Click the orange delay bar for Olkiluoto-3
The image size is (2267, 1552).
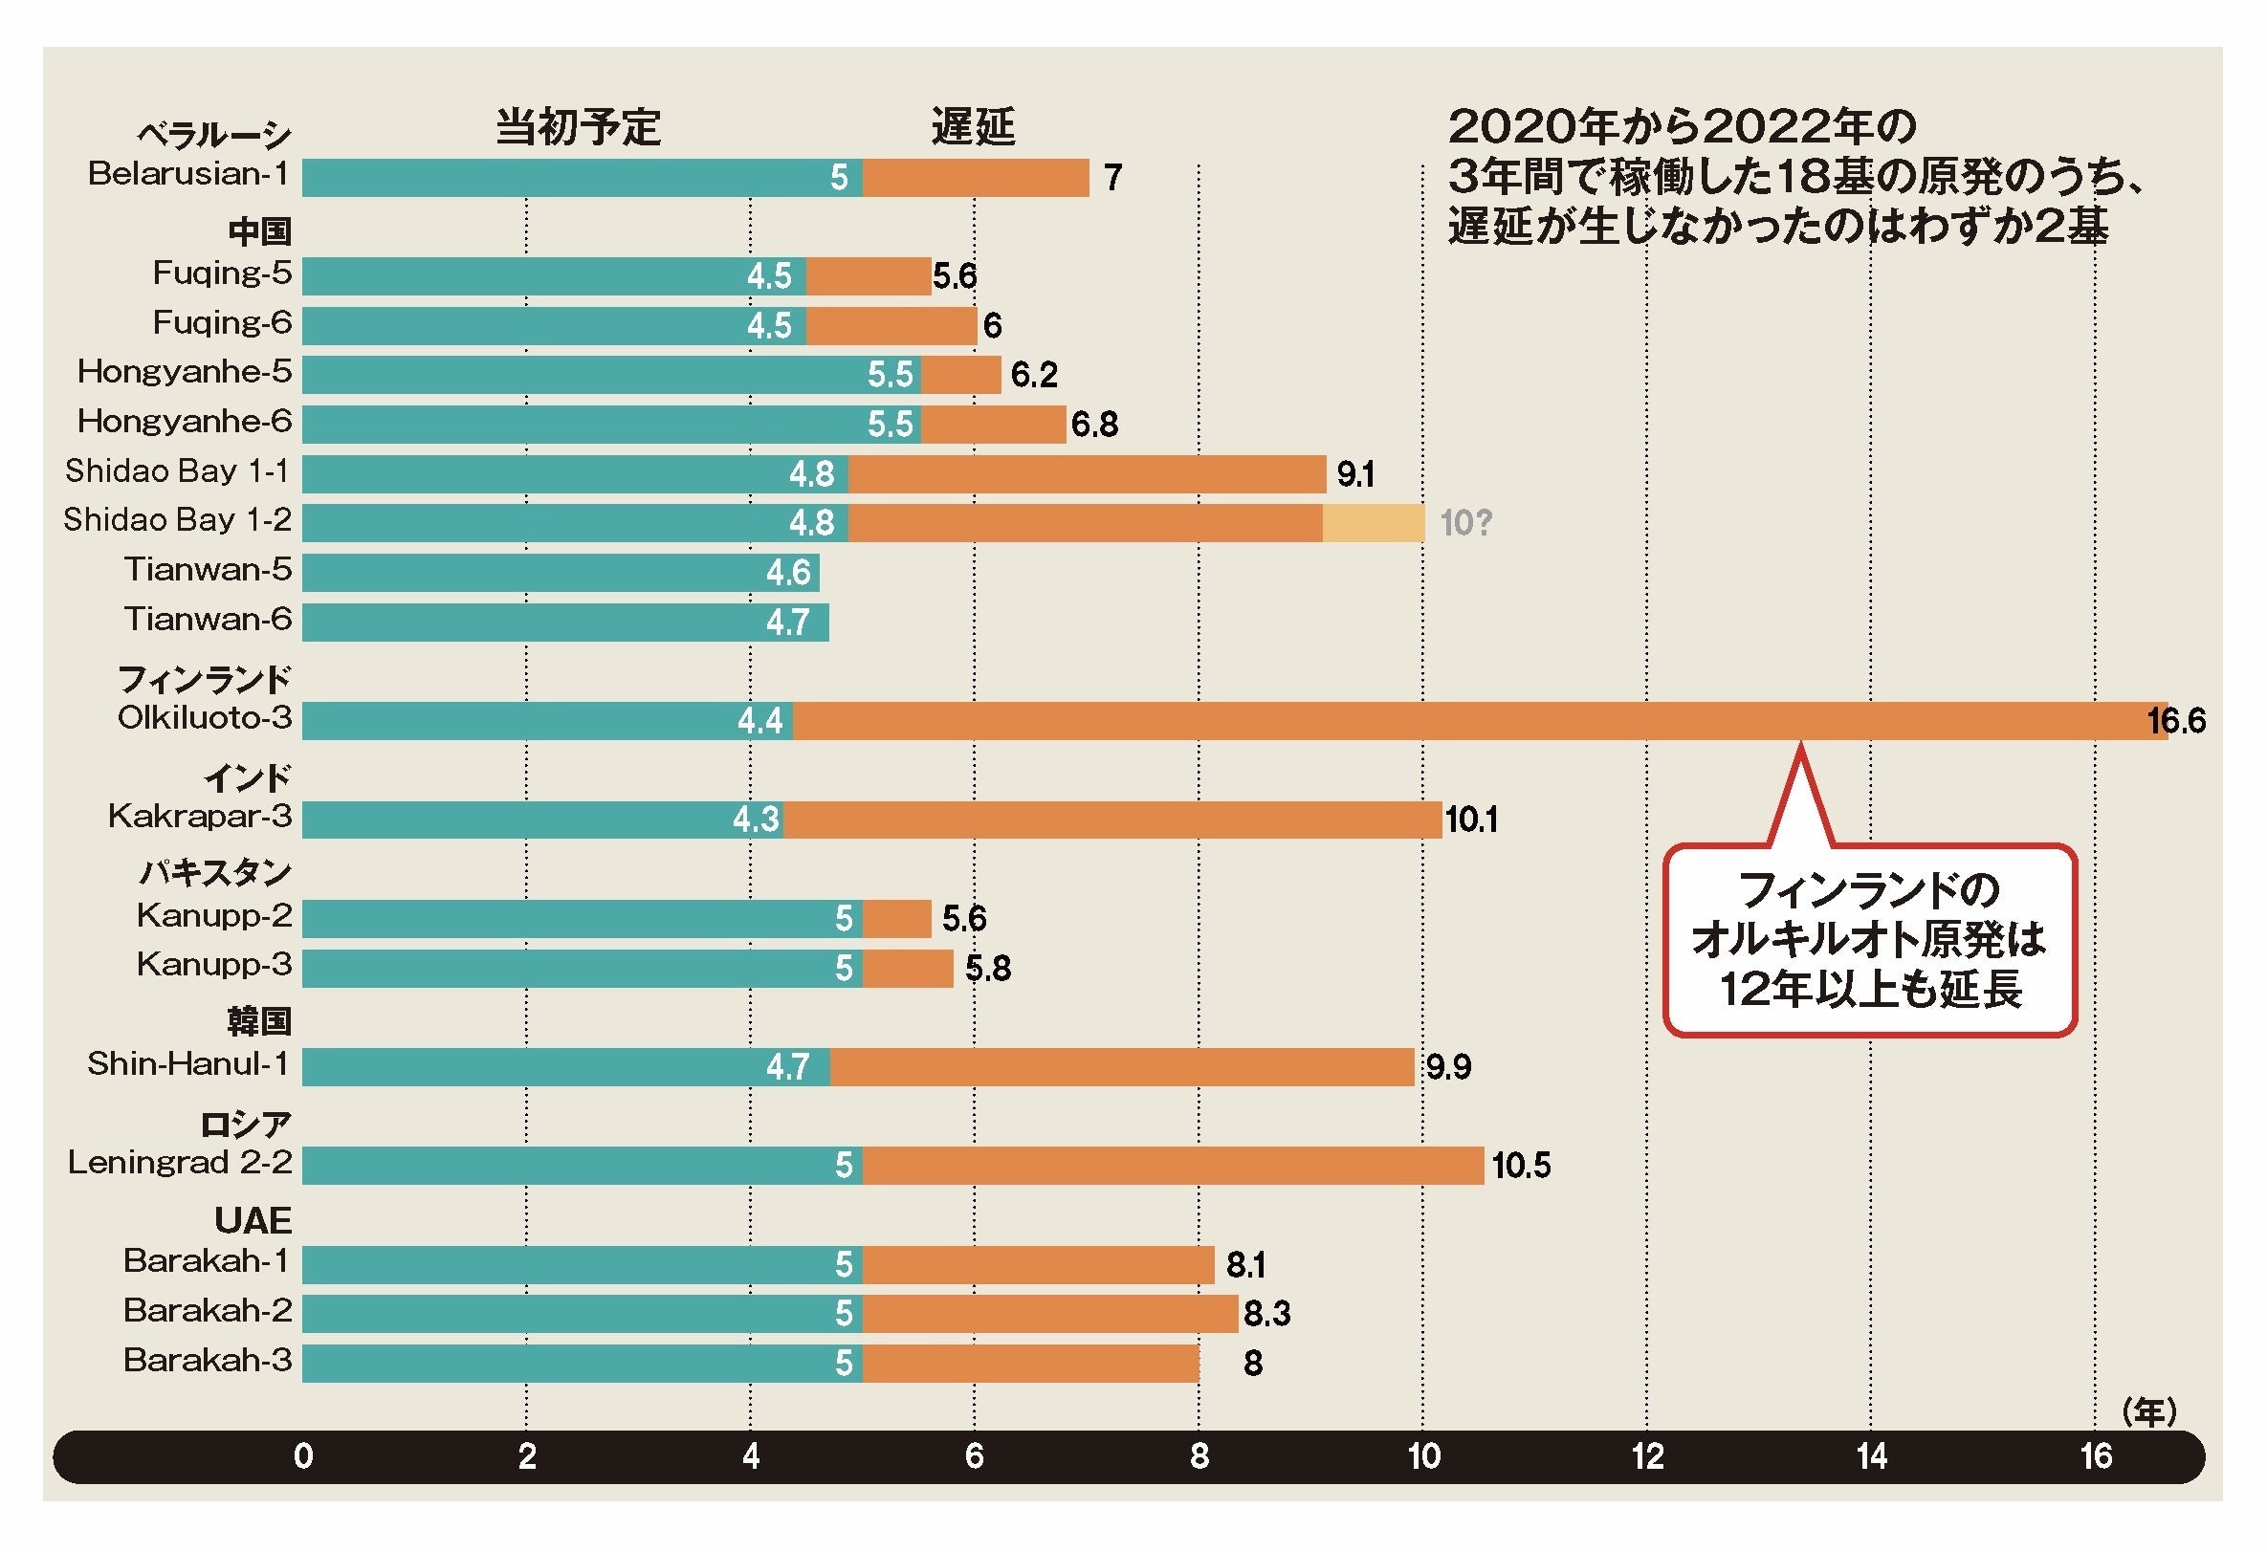click(x=1464, y=721)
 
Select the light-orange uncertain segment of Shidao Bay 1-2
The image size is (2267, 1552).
click(x=1373, y=523)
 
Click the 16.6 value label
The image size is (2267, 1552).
click(x=2175, y=721)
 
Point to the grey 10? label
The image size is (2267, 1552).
click(x=1466, y=523)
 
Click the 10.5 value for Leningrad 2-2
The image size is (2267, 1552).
click(x=1521, y=1165)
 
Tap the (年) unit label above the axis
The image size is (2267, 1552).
click(x=2149, y=1411)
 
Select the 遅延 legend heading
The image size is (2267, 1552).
click(x=973, y=127)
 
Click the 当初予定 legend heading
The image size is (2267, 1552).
click(x=579, y=127)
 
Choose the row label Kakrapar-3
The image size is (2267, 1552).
click(x=200, y=816)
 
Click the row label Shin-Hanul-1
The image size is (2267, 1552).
click(x=188, y=1063)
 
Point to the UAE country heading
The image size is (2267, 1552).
click(x=253, y=1220)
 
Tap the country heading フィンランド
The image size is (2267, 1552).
click(x=204, y=679)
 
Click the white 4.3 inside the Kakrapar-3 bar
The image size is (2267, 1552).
click(x=756, y=820)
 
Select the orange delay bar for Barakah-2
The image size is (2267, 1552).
click(x=1049, y=1313)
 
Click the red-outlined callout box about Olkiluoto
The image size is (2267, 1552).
click(x=1870, y=940)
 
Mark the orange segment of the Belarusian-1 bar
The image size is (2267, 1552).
click(x=976, y=178)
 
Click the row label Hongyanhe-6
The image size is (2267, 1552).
click(x=185, y=421)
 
